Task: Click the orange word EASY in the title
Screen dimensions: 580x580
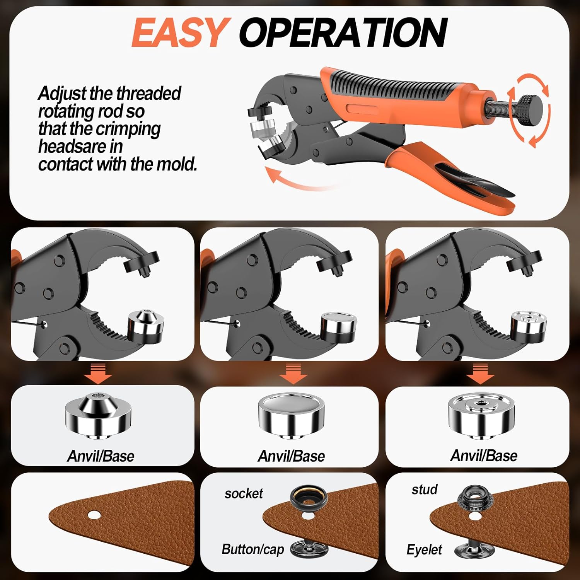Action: (x=179, y=33)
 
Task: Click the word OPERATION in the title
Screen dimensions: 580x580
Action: (x=343, y=33)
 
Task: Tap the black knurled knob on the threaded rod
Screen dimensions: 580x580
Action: (x=530, y=111)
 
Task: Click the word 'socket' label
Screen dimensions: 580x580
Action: (x=244, y=493)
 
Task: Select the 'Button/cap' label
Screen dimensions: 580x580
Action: (x=253, y=549)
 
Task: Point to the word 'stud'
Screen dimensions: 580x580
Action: (x=425, y=490)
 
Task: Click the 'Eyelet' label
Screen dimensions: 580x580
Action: (x=424, y=549)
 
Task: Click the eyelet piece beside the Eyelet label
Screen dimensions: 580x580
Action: (x=473, y=548)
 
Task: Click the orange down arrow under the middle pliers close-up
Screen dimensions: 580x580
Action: (x=293, y=373)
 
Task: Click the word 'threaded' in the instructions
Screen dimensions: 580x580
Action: (x=148, y=93)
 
